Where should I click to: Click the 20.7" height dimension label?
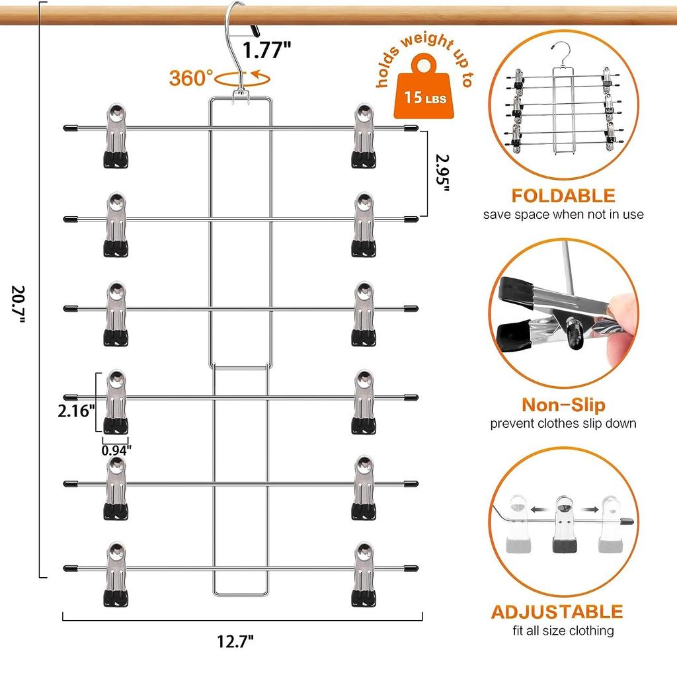tap(19, 304)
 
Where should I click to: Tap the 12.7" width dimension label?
tap(235, 641)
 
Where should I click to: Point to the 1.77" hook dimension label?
tap(267, 50)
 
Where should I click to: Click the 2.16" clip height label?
tap(77, 411)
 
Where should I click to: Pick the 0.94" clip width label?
tap(116, 451)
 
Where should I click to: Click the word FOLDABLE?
tap(563, 196)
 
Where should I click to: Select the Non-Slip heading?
tap(563, 405)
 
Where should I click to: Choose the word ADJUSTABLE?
tap(557, 612)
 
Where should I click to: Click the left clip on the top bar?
tap(116, 136)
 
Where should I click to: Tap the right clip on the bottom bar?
tap(364, 575)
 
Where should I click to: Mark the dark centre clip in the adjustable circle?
tap(565, 524)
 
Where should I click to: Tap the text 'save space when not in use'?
tap(563, 215)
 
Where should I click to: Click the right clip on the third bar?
tap(364, 314)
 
